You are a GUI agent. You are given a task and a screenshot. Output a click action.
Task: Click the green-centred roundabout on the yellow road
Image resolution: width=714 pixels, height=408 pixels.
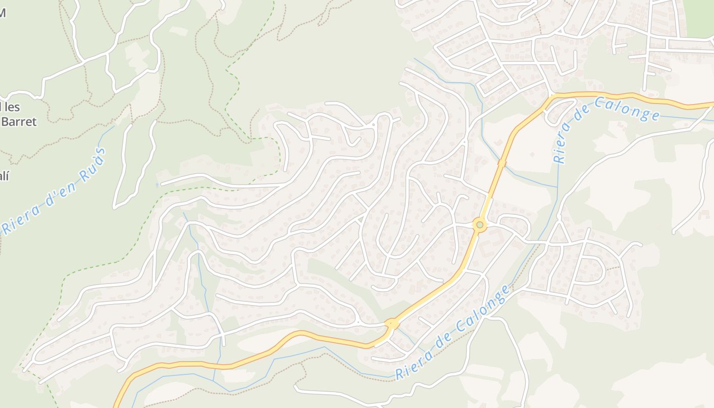coord(479,224)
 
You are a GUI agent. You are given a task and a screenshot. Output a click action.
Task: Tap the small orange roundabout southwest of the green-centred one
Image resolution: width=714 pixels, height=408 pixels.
coord(392,323)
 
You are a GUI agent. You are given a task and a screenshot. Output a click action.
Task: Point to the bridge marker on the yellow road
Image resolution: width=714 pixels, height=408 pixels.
coord(502,163)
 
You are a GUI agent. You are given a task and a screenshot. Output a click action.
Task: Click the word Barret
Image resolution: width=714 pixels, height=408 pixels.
coord(18,121)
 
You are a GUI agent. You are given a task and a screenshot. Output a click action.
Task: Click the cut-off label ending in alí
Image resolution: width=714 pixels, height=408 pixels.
coord(4,176)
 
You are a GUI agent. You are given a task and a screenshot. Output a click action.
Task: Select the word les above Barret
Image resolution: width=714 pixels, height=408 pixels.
coord(10,107)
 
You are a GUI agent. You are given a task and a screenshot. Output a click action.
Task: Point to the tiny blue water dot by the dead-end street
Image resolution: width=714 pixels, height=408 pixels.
coord(157,185)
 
